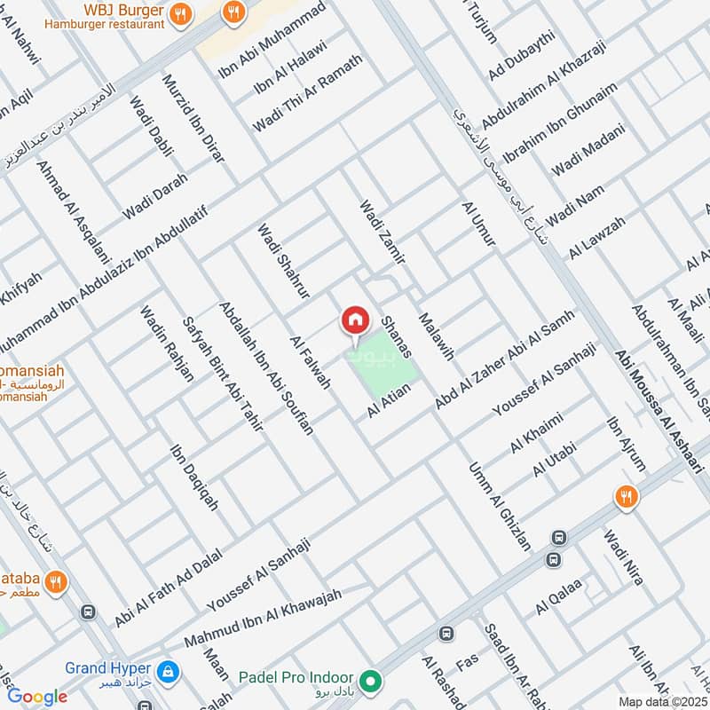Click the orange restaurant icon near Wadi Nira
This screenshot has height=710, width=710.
click(627, 497)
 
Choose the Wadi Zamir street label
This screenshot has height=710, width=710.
click(382, 233)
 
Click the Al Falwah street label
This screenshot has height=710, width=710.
click(311, 362)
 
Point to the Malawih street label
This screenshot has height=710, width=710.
click(436, 336)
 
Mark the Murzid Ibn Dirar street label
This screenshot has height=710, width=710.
click(193, 119)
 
